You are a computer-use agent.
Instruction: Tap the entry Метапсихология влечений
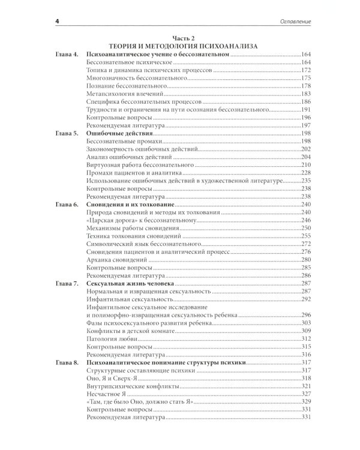[124, 94]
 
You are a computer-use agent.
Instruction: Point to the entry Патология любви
[111, 338]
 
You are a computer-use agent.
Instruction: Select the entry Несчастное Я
[108, 401]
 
